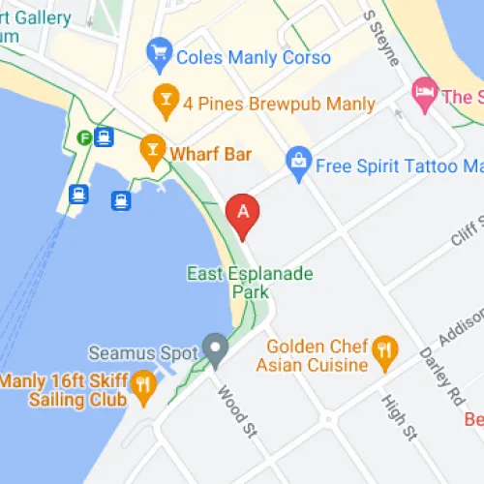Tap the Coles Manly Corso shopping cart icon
(x=158, y=55)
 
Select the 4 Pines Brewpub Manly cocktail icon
(x=166, y=99)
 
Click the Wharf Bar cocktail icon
(x=152, y=150)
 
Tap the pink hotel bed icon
(x=424, y=94)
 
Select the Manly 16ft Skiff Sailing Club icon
(x=143, y=384)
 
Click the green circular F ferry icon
(x=85, y=136)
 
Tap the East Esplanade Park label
(x=250, y=282)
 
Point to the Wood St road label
(x=236, y=411)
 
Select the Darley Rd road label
(x=441, y=372)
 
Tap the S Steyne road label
(x=380, y=38)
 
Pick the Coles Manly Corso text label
(x=254, y=57)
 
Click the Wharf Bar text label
(x=210, y=154)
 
